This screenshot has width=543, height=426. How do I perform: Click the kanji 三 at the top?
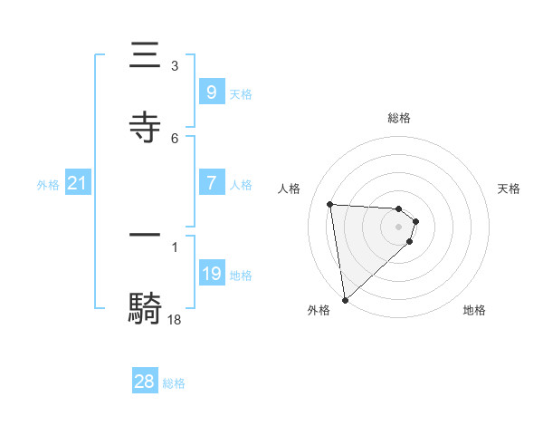(x=146, y=55)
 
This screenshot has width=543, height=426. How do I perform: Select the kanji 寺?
(x=146, y=127)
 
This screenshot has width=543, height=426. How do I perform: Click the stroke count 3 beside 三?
(x=174, y=66)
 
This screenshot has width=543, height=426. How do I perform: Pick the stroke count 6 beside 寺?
(x=174, y=138)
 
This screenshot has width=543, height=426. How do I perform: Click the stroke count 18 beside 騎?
(x=174, y=319)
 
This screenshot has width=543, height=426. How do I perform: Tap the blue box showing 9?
(x=211, y=92)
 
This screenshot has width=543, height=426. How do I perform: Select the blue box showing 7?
(x=211, y=182)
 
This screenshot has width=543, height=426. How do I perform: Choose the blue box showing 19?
(x=211, y=273)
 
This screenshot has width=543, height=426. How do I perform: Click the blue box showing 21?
(x=77, y=184)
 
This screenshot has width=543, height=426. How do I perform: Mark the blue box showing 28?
(x=145, y=382)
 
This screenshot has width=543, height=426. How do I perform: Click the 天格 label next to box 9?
(x=241, y=93)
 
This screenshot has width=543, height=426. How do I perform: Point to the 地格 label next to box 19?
(x=241, y=275)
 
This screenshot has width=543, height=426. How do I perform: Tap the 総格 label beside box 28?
(x=174, y=383)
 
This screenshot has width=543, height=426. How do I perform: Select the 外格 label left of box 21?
(x=48, y=185)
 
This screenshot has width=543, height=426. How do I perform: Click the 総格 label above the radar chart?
(x=399, y=118)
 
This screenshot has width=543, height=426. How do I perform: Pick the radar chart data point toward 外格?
(x=345, y=299)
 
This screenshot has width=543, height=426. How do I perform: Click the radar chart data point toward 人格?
(x=329, y=204)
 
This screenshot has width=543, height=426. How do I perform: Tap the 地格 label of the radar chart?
(x=474, y=310)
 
